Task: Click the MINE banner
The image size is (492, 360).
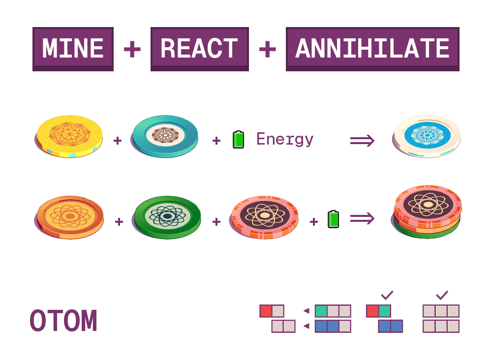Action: [x=73, y=48]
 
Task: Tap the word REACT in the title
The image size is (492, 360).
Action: [x=199, y=48]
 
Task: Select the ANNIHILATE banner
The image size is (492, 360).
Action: [x=372, y=48]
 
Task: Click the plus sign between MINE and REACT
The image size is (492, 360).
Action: [x=132, y=49]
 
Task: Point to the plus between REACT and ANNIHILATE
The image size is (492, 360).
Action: [x=267, y=49]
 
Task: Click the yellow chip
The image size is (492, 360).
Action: [x=69, y=136]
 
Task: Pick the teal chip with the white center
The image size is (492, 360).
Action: [x=165, y=136]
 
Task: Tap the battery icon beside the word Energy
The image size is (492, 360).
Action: [x=238, y=140]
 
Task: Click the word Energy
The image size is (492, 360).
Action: [x=285, y=139]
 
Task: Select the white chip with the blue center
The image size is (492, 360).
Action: [x=427, y=136]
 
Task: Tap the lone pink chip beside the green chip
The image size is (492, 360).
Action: [x=265, y=216]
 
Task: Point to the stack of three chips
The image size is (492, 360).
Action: [x=428, y=211]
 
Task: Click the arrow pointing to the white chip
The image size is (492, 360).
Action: [x=362, y=140]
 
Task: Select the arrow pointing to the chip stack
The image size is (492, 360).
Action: [x=362, y=218]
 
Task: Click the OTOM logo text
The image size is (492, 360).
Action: [x=63, y=321]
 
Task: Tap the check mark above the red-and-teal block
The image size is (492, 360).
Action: [x=387, y=295]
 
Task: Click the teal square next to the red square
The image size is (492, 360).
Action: [x=385, y=311]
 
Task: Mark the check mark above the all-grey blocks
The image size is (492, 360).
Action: [x=442, y=295]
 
